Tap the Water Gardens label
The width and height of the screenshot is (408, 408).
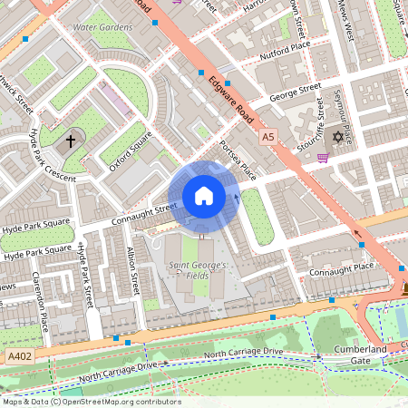tap(102, 27)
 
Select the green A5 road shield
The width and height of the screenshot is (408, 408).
tap(267, 136)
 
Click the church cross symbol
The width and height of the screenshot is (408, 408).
tap(70, 141)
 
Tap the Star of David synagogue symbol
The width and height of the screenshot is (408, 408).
tap(339, 137)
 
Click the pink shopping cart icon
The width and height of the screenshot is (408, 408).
tap(322, 157)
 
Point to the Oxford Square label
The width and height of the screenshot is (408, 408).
tap(130, 151)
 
